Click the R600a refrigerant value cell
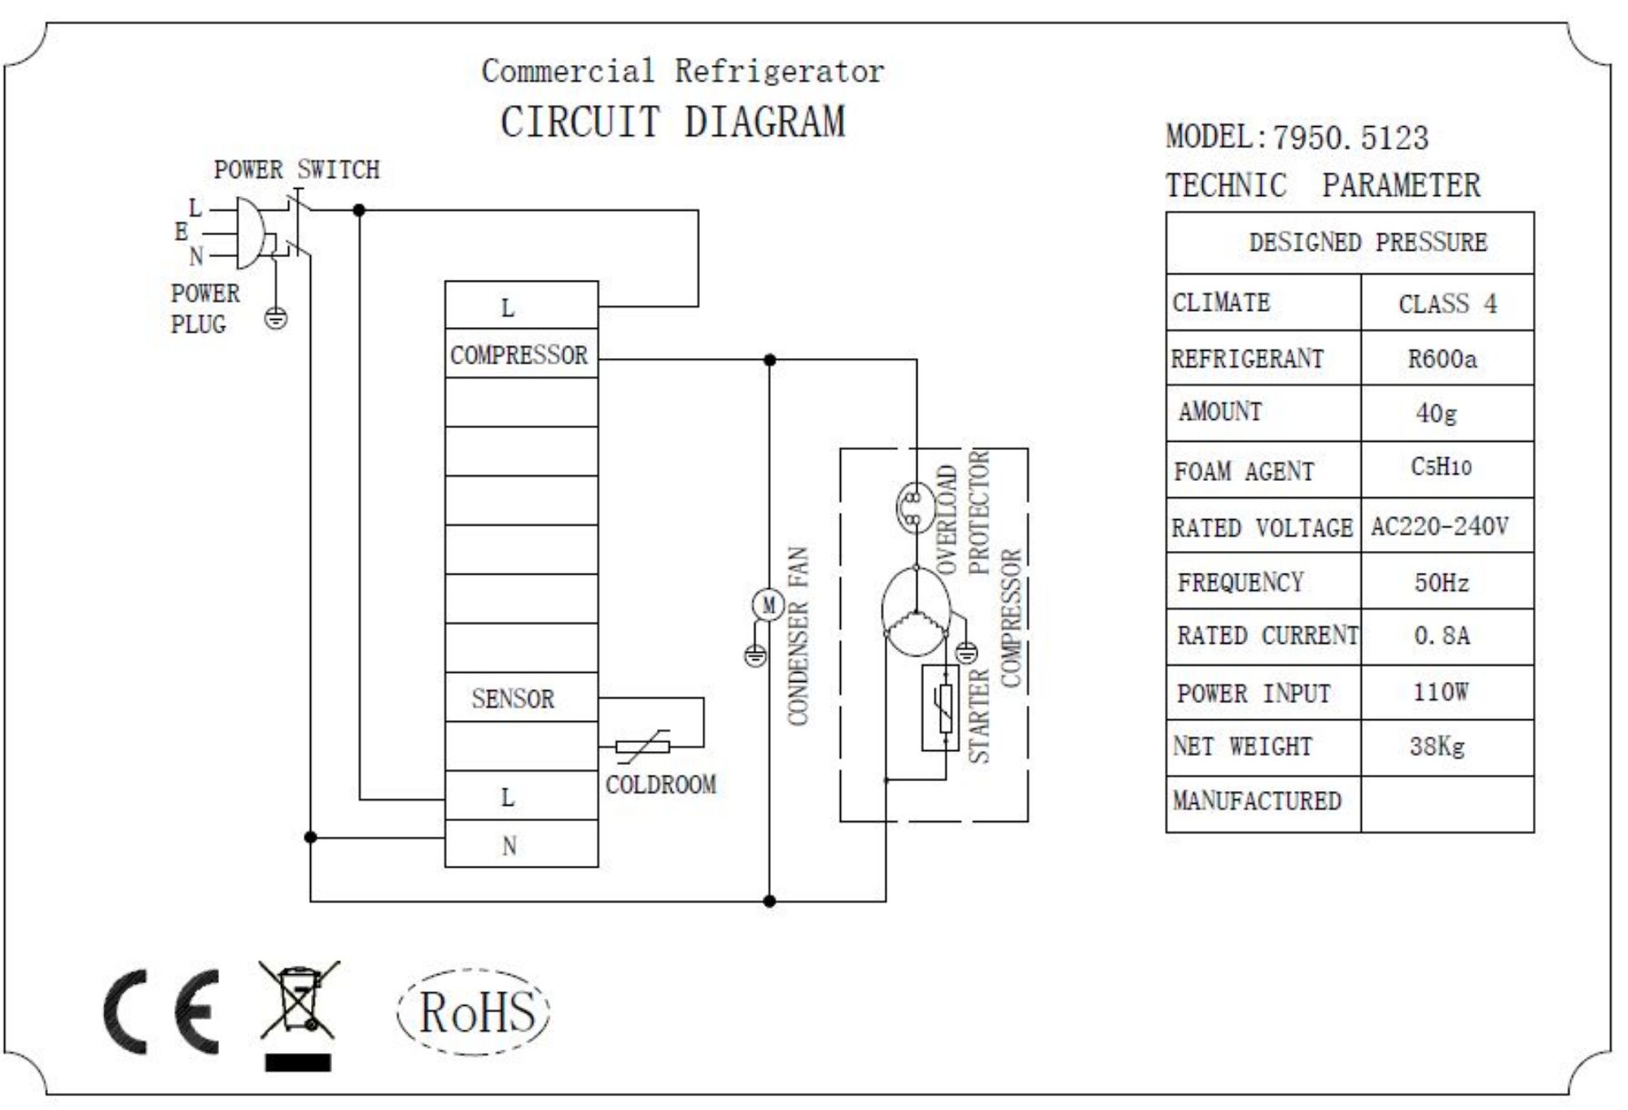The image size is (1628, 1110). coord(1442,359)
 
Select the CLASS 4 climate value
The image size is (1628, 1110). coord(1447,304)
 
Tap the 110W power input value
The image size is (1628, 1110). coord(1440,693)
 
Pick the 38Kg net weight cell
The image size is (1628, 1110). coord(1437,746)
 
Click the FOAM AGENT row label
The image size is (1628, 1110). coord(1244,471)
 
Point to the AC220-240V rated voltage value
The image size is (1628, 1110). coord(1439,527)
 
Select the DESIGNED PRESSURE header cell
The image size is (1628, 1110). coord(1368,243)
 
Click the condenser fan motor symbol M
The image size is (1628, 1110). coord(768,605)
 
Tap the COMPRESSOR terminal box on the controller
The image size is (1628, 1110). coord(520,355)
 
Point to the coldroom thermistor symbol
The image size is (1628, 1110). coord(643,746)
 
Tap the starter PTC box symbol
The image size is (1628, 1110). coord(940,707)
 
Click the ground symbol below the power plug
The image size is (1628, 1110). coord(276,318)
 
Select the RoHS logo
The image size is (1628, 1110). coord(475,1012)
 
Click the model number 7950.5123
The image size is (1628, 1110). coord(1350,138)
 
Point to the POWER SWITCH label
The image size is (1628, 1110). coord(296,170)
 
